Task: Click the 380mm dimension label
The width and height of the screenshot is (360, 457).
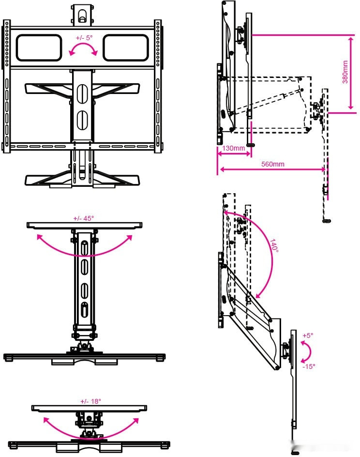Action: pos(345,72)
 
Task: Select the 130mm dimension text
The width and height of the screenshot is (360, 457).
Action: pos(233,148)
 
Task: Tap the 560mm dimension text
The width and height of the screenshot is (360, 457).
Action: pos(272,164)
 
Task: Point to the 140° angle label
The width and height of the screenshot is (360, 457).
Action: pos(274,246)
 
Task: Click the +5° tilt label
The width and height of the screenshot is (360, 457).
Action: pos(308,335)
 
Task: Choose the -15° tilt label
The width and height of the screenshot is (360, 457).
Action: pos(309,366)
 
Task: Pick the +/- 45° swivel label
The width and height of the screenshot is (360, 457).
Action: pos(84,218)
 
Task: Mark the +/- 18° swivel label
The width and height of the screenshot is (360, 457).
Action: pos(90,401)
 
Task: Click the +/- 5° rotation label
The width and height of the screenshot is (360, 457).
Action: pos(84,38)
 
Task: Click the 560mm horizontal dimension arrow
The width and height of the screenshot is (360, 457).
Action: pos(272,169)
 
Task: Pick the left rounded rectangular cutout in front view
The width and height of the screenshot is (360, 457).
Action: pos(39,47)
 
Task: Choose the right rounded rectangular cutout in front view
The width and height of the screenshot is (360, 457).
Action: pos(126,47)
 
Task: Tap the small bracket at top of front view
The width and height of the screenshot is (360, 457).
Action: pos(83,15)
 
